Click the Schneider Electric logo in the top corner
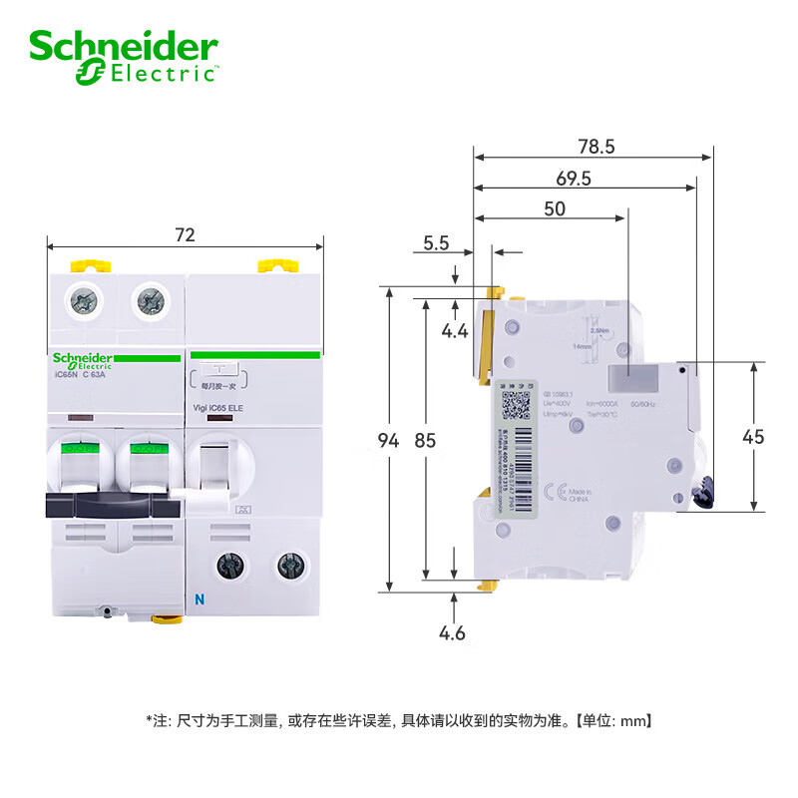pos(124,57)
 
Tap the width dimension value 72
pos(185,235)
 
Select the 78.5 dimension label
pos(597,146)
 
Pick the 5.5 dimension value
pos(437,241)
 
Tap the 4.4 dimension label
pos(455,330)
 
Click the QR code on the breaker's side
pos(516,405)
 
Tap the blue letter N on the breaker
pos(198,600)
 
